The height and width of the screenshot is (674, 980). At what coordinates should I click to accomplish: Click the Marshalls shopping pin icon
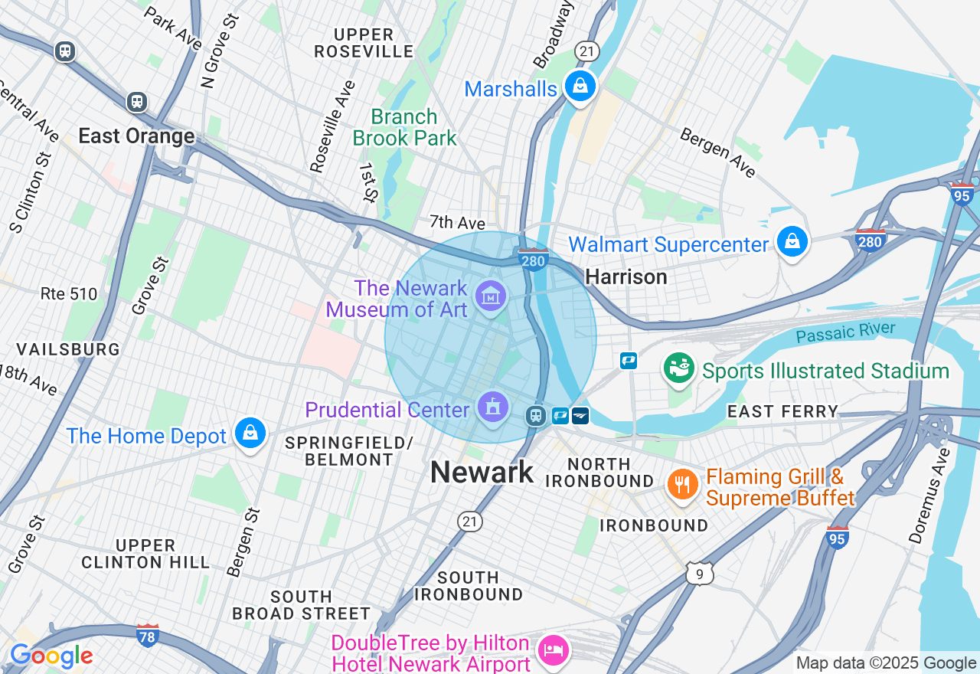(580, 86)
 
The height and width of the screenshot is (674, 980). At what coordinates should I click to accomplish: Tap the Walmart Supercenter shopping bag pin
(792, 242)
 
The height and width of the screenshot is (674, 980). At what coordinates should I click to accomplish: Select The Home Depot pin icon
(250, 434)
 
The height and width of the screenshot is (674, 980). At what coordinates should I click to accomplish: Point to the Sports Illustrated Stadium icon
(678, 368)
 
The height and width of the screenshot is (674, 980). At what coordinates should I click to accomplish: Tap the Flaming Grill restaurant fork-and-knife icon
(681, 484)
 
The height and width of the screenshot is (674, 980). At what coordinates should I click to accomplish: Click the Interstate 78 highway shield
(147, 635)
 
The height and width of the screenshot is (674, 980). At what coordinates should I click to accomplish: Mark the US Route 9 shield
(700, 573)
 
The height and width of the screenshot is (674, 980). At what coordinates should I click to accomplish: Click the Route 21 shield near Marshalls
(587, 51)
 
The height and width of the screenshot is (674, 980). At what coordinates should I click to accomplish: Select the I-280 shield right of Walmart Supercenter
(871, 240)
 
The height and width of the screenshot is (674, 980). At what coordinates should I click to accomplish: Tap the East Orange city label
(136, 136)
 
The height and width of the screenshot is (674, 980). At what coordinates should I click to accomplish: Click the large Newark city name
(482, 472)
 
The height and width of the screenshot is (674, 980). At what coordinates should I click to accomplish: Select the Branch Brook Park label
(404, 127)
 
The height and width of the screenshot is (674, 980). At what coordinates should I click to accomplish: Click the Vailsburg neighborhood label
(68, 349)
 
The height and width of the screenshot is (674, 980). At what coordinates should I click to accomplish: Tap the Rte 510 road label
(69, 293)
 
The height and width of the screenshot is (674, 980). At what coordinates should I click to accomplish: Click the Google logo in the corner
(51, 656)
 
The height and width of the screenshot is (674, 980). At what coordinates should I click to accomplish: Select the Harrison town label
(626, 276)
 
